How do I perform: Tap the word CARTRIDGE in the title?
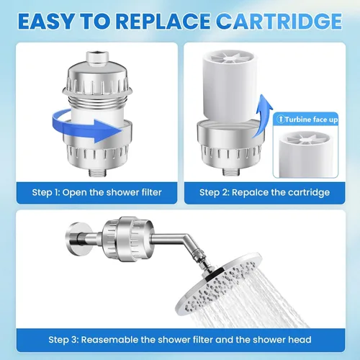tap(279, 21)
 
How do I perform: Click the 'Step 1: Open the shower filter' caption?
tap(96, 192)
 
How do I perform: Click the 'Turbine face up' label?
tap(311, 120)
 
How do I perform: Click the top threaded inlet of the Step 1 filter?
tap(98, 58)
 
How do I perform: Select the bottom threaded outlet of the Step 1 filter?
tap(98, 172)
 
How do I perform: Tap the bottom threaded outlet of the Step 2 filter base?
tap(232, 172)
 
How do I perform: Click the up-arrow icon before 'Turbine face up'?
tap(280, 119)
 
